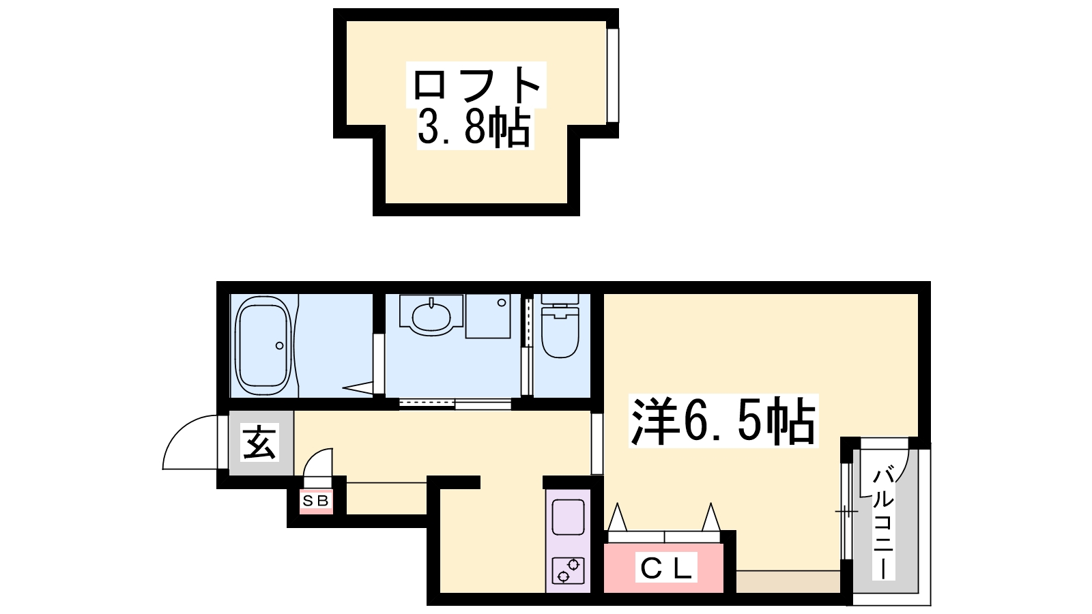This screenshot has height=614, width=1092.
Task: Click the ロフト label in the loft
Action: click(x=476, y=85)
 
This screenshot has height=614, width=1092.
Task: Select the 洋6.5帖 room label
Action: click(x=723, y=421)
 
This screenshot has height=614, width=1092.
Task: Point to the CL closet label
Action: click(x=666, y=568)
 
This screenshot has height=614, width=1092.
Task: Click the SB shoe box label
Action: click(x=316, y=501)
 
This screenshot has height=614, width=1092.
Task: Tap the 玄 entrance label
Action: click(x=259, y=443)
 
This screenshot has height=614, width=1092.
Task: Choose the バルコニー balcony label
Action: click(x=883, y=523)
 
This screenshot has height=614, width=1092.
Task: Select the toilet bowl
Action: click(x=560, y=332)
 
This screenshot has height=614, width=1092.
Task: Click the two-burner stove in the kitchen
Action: click(x=569, y=570)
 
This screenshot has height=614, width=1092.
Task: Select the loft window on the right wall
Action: click(x=613, y=76)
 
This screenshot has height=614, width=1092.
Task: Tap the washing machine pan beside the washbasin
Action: click(x=488, y=316)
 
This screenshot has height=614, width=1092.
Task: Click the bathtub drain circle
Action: click(x=279, y=345)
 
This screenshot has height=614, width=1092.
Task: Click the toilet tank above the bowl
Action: click(x=560, y=299)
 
